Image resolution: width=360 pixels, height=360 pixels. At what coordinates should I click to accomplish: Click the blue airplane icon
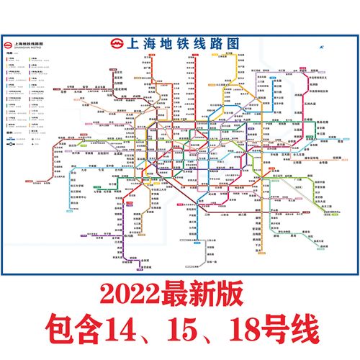[321, 49]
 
